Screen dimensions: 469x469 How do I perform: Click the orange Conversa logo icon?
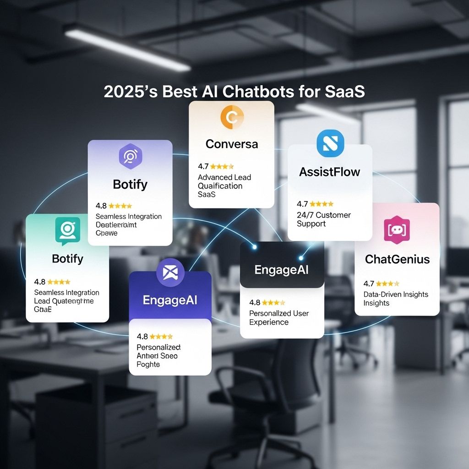(232, 117)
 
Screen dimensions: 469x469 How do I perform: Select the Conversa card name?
(232, 144)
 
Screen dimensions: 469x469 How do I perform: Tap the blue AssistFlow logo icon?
(330, 143)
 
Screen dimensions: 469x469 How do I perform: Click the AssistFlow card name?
(330, 172)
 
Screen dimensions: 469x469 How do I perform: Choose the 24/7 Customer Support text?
(323, 219)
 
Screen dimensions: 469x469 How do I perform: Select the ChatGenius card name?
(397, 259)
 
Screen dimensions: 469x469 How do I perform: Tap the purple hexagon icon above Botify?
(130, 156)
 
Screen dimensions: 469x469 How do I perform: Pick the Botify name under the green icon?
(68, 259)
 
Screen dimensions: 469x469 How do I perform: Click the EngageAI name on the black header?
(282, 269)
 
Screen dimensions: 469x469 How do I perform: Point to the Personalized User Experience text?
(278, 317)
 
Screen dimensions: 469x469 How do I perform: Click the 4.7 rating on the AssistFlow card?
(302, 204)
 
